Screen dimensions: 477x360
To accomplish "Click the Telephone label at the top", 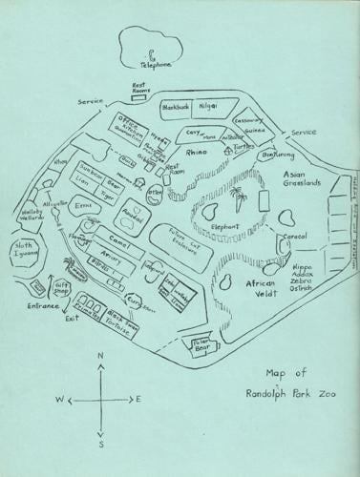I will click(x=153, y=65).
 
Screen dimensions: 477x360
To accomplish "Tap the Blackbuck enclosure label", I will click(x=179, y=107).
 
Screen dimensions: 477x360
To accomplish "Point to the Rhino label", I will click(x=198, y=153).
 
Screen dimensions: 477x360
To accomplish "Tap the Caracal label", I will click(x=293, y=235).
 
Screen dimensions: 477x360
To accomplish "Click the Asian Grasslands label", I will click(x=305, y=181).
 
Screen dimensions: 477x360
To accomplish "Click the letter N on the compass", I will click(x=99, y=355).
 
